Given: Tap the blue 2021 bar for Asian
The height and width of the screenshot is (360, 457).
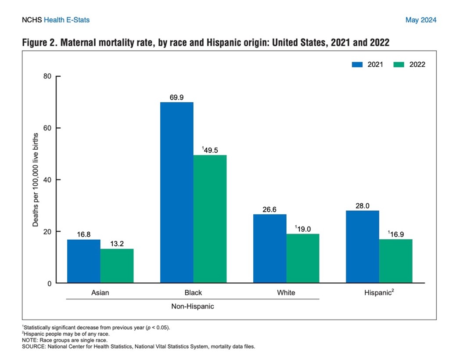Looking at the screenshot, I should (83, 261).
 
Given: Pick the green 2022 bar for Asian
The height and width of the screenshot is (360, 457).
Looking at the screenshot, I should (117, 266).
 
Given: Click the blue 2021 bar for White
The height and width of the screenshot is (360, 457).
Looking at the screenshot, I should (270, 248).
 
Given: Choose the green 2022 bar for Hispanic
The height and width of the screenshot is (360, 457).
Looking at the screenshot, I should (396, 261).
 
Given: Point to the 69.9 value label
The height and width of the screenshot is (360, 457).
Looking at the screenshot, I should (176, 97).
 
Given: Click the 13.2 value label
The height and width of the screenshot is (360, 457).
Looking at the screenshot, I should (117, 243).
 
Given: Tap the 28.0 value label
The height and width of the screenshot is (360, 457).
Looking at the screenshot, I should (362, 205).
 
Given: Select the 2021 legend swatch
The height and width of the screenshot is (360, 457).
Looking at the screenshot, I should (358, 65).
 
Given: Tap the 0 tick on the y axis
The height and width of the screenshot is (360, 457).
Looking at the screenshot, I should (49, 284).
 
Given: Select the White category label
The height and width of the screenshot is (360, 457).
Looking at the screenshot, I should (286, 292).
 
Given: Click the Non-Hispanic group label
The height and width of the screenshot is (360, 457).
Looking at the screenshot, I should (192, 306).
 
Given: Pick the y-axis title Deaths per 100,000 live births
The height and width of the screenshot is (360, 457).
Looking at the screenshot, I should (35, 180).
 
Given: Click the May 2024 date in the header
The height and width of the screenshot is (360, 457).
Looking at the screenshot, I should (421, 20).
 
